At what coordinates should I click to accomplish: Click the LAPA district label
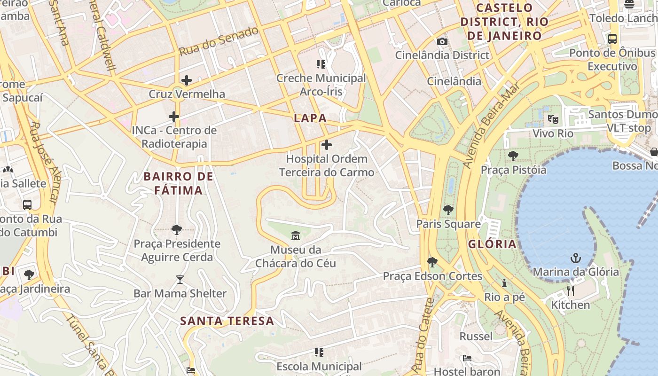tap(310, 118)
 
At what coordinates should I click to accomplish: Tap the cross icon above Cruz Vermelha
tap(187, 80)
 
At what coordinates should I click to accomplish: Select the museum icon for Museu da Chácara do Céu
tap(296, 235)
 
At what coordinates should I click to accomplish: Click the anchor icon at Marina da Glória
tap(575, 258)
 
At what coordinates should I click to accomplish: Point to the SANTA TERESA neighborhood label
tap(227, 321)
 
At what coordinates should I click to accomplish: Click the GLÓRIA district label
tap(492, 244)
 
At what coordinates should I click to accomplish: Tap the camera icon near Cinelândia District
tap(442, 41)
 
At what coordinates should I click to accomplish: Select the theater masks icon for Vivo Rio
tap(553, 119)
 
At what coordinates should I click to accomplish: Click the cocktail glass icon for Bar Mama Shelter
tap(180, 280)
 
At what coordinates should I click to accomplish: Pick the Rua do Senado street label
tap(219, 41)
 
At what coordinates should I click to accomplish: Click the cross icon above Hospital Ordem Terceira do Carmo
tap(327, 145)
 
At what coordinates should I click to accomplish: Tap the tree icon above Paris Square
tap(448, 210)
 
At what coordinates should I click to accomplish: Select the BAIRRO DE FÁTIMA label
tap(179, 183)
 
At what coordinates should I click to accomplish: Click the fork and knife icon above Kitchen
tap(571, 291)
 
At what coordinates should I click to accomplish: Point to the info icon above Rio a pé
tap(504, 283)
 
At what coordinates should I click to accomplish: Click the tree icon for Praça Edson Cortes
tap(432, 262)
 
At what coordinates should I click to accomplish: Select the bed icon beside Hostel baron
tap(467, 358)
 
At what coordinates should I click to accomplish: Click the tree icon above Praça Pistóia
tap(513, 156)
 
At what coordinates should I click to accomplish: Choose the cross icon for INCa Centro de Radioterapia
tap(174, 116)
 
